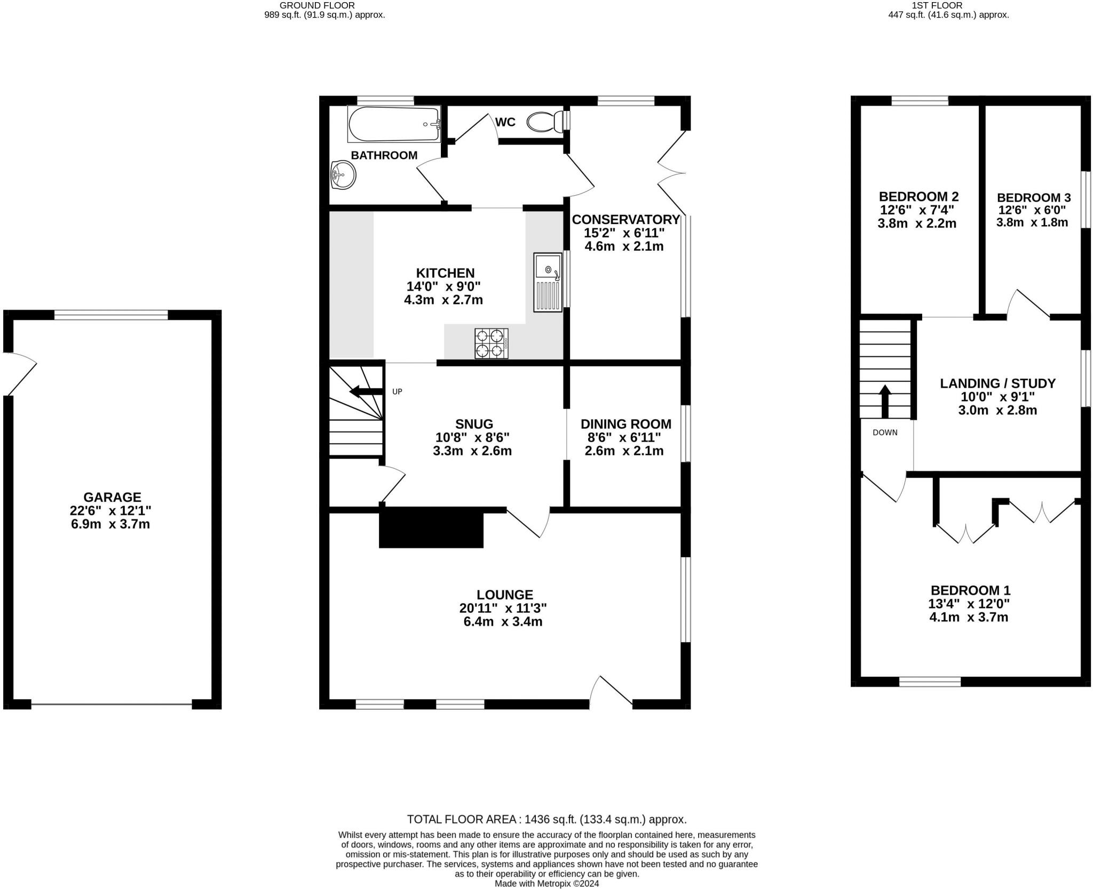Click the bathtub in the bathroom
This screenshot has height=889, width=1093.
(394, 124)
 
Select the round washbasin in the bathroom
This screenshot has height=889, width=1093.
(343, 175)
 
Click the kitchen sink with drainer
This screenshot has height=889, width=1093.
(548, 282)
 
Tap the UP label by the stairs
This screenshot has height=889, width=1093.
(397, 391)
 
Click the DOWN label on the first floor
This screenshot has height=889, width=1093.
(885, 433)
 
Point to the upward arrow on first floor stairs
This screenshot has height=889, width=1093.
(885, 400)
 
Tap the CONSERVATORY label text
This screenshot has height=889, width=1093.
(625, 220)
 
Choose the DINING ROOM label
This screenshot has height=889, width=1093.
(625, 424)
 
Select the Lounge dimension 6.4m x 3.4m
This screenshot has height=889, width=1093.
(503, 621)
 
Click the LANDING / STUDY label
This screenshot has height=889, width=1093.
(997, 383)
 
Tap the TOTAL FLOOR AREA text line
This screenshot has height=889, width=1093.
(546, 819)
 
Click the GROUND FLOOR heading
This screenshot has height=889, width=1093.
(324, 5)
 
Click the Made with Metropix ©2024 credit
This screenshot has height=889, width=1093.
(546, 884)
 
